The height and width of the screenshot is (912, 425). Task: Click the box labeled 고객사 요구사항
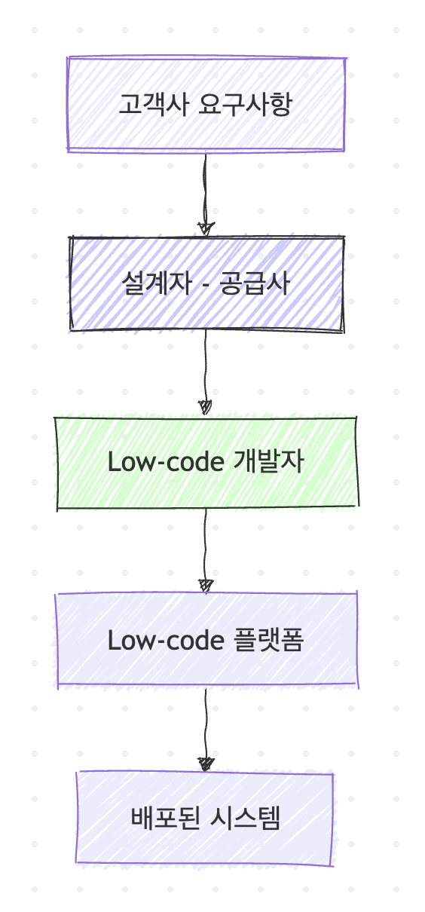206,104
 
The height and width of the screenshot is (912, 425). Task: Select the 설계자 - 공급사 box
206,284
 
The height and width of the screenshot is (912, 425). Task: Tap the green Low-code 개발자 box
206,463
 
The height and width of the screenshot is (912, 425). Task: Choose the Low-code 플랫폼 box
206,641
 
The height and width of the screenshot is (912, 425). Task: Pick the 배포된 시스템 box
205,819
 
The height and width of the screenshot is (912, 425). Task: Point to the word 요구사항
246,105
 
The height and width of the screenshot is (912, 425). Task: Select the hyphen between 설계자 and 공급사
206,286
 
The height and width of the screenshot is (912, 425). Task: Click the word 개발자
269,462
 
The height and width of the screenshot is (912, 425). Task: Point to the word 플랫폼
269,640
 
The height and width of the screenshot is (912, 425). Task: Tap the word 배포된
165,818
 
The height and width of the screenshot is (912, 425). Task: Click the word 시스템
246,818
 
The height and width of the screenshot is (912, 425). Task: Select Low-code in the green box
166,463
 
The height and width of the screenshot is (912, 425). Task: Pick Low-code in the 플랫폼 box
166,641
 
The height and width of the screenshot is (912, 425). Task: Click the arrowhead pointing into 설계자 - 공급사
206,229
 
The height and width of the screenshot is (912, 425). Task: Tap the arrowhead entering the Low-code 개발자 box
206,407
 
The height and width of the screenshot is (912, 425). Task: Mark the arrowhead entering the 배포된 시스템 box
206,764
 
